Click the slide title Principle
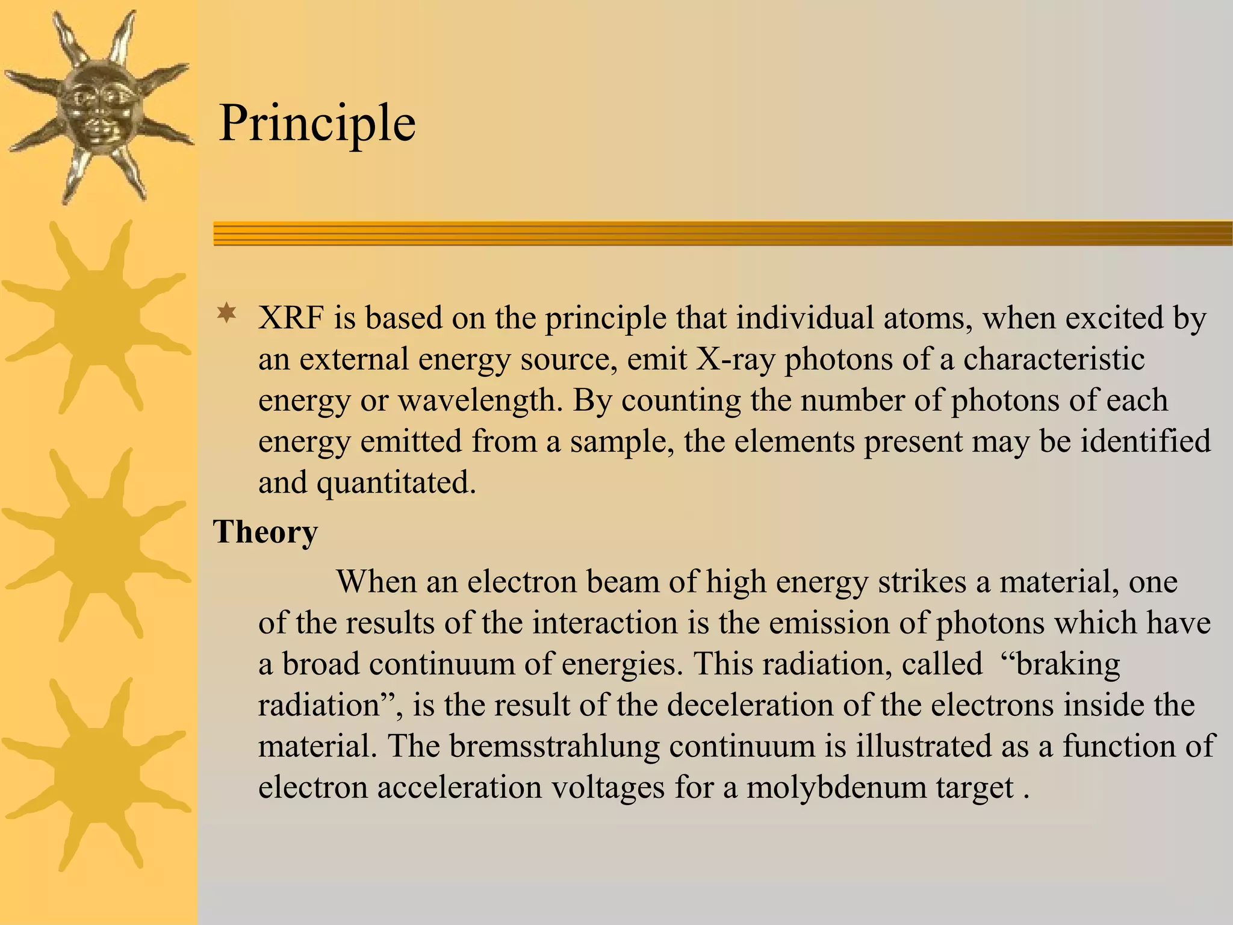tap(317, 123)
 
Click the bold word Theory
tap(266, 532)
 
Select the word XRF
tap(290, 318)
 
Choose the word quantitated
tap(397, 482)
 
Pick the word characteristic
tap(1054, 359)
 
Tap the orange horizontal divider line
tap(722, 234)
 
